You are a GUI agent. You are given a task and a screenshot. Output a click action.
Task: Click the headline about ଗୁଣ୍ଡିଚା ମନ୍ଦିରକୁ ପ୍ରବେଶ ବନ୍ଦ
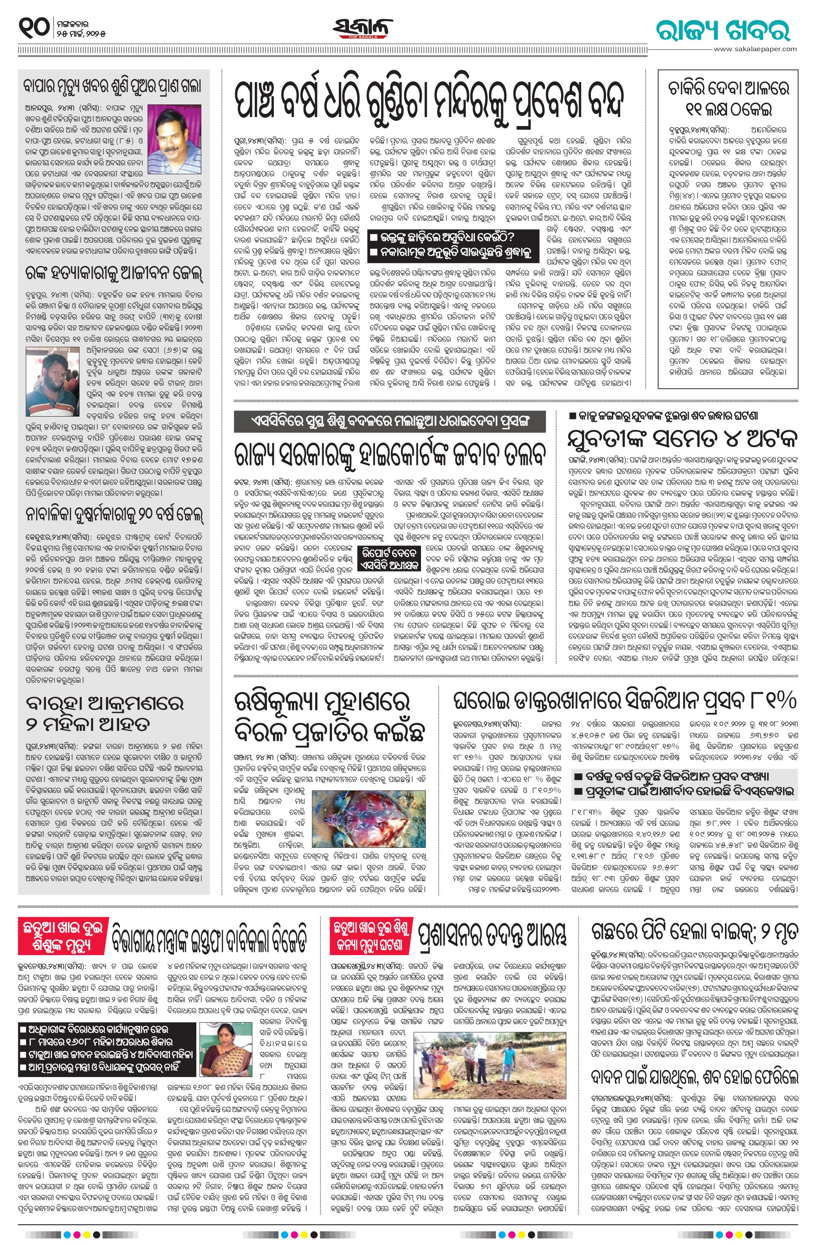(x=430, y=102)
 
